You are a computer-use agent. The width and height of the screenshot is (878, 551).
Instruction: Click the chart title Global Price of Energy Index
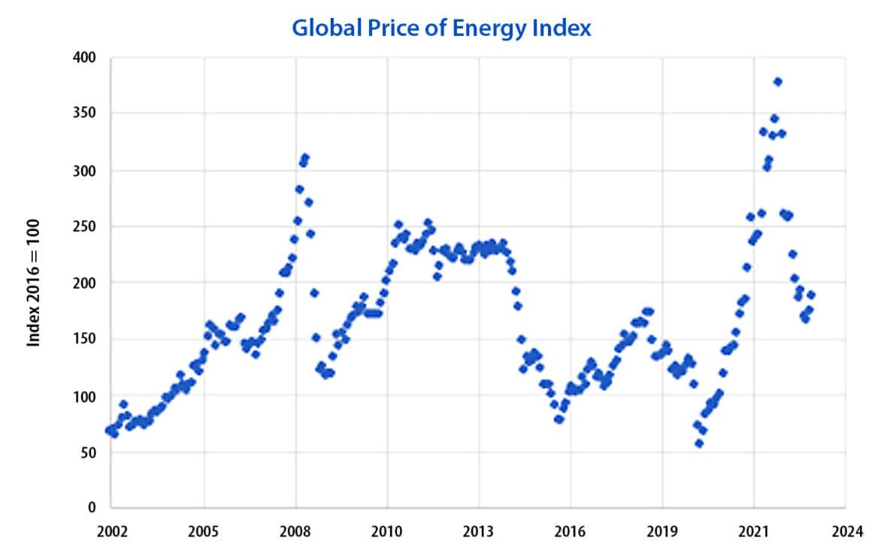[x=441, y=28]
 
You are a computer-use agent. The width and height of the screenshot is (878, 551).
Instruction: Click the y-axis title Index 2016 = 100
[x=34, y=283]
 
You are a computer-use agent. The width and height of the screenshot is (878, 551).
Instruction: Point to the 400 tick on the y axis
[x=85, y=57]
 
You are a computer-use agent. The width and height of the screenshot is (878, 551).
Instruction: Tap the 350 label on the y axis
[x=85, y=114]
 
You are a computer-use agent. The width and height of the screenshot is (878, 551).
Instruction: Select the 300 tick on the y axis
[x=85, y=171]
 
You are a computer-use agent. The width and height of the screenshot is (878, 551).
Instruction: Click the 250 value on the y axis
[x=85, y=227]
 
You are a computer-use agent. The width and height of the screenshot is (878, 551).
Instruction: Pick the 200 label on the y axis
[x=85, y=283]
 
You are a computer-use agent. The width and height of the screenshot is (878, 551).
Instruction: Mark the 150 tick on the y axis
[x=85, y=340]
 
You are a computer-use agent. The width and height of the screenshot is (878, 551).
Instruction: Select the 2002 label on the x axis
[x=111, y=530]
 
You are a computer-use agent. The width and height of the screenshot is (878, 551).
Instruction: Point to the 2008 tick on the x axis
[x=295, y=530]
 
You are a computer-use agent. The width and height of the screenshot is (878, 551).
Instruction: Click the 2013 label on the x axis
[x=479, y=530]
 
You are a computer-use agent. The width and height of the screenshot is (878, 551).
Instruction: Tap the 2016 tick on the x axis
[x=571, y=530]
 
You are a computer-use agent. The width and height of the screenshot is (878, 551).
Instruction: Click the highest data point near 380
[x=778, y=81]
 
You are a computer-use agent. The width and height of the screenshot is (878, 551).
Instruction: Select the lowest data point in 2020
[x=699, y=444]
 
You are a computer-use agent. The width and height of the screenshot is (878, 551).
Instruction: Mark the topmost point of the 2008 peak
[x=305, y=158]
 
